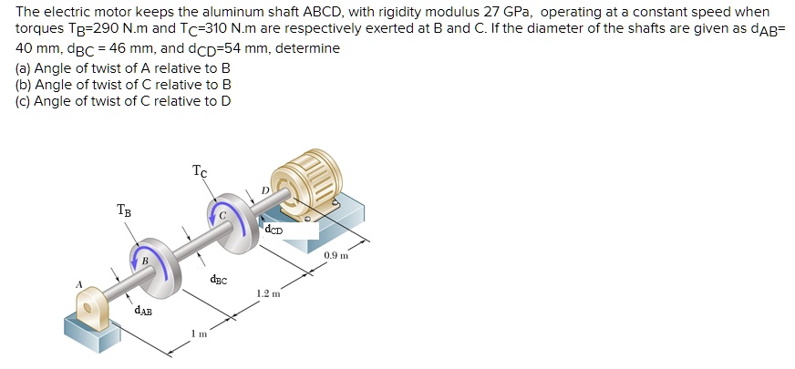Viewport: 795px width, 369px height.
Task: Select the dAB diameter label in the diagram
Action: click(143, 312)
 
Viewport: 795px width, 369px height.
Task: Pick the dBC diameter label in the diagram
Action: click(218, 281)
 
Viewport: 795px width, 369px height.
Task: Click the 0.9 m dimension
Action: click(336, 255)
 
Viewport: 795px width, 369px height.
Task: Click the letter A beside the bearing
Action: click(79, 284)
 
